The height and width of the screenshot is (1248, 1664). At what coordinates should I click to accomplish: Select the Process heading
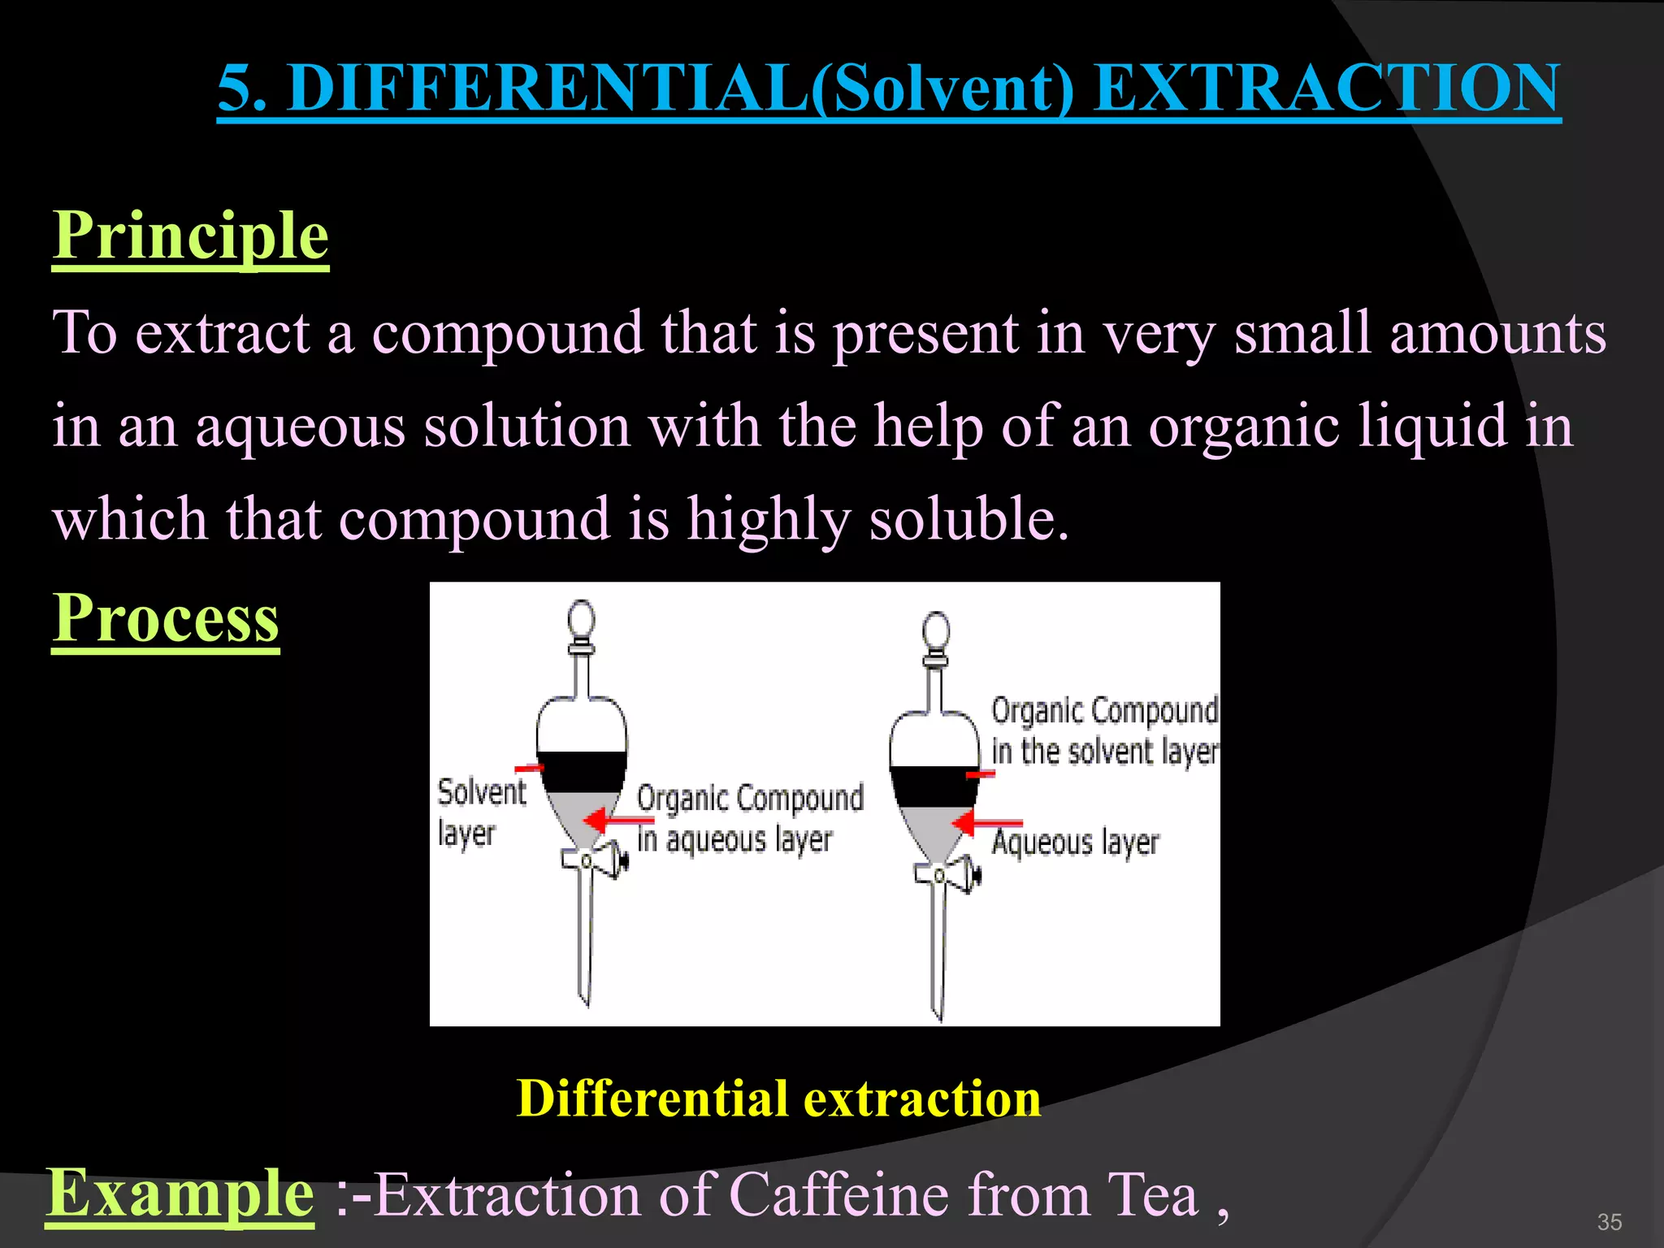coord(166,618)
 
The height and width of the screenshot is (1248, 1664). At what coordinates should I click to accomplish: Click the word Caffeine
coord(839,1194)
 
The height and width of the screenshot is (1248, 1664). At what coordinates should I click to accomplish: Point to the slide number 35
coord(1609,1222)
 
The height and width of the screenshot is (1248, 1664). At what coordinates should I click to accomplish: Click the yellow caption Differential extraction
coord(778,1098)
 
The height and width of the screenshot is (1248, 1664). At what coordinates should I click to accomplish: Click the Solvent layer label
coord(481,812)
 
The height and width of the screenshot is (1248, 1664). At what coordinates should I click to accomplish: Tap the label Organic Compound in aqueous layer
coord(748,818)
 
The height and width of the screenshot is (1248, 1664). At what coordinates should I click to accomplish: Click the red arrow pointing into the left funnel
coord(617,820)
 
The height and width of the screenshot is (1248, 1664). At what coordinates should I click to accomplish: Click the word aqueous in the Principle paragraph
coord(300,427)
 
